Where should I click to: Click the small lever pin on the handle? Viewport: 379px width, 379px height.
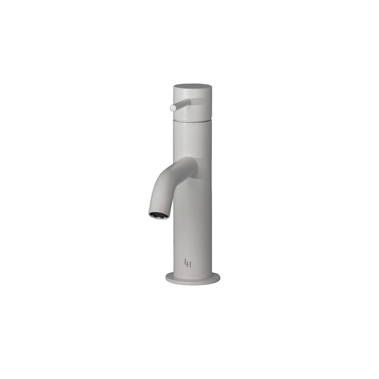click(181, 105)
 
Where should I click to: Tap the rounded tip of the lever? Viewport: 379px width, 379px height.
click(173, 108)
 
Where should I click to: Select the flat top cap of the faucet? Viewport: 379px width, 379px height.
click(192, 87)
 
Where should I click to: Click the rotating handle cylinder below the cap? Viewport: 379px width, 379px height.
click(194, 107)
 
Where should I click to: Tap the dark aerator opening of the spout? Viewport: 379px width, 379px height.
click(158, 216)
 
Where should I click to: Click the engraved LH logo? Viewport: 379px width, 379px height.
click(188, 263)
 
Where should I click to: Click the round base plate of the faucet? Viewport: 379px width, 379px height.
click(193, 280)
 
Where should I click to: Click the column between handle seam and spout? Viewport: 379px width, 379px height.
click(193, 140)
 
